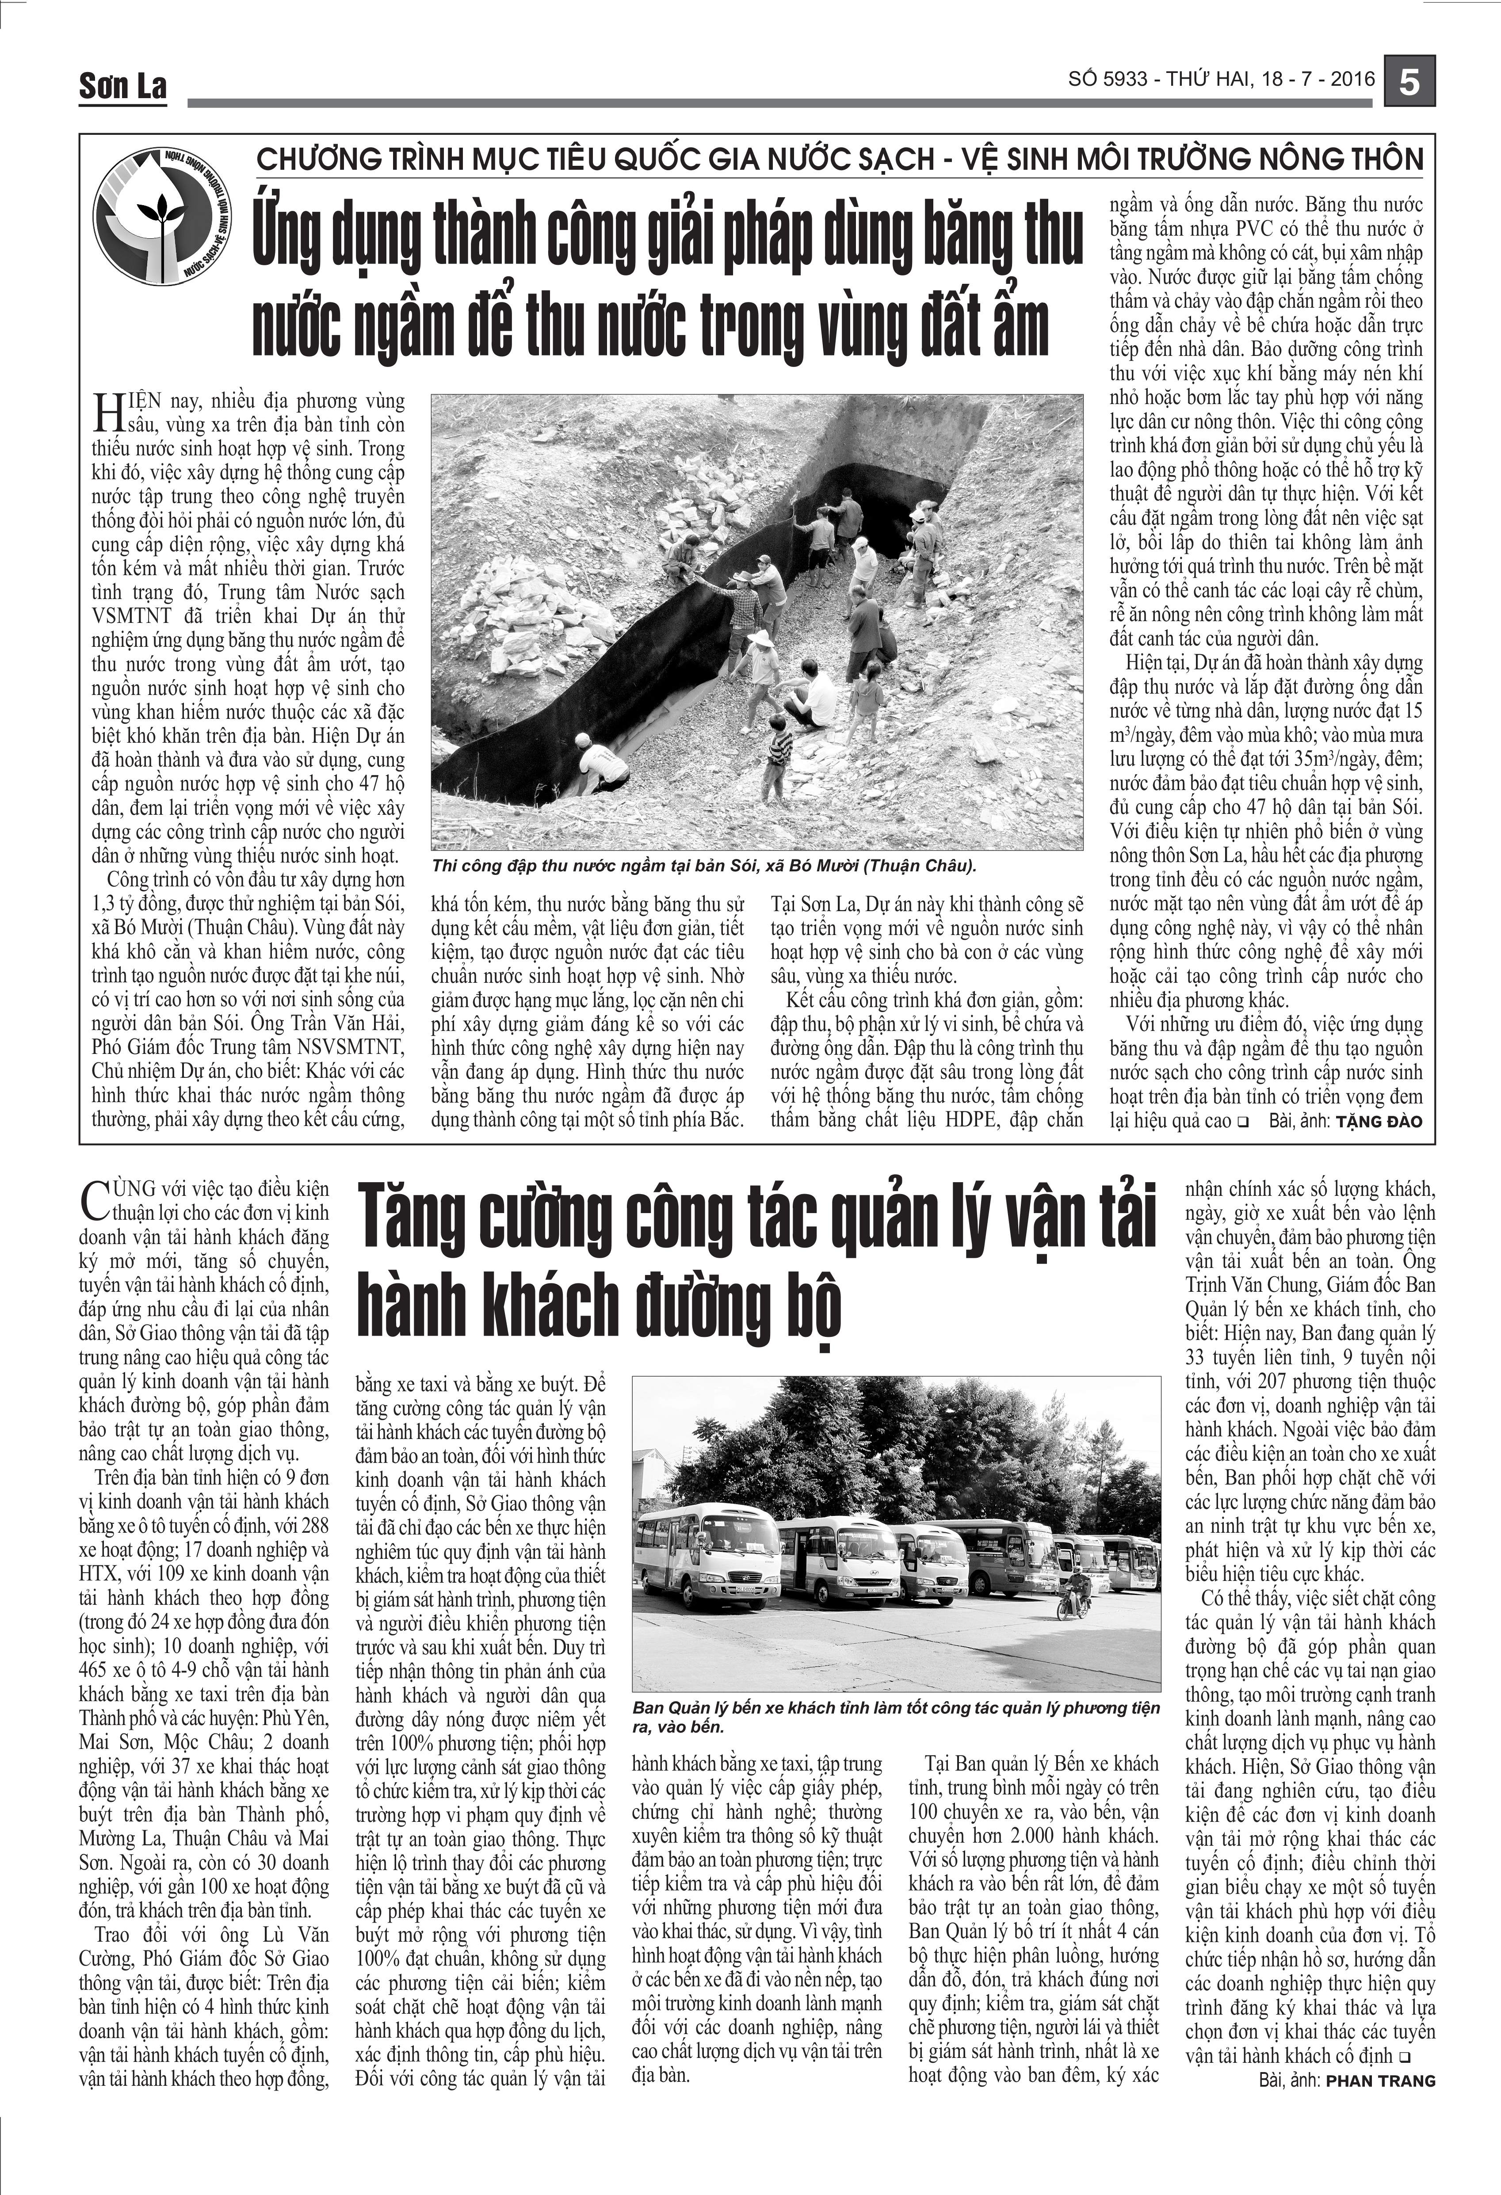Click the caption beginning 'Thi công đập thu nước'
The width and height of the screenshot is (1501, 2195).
pos(704,865)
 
